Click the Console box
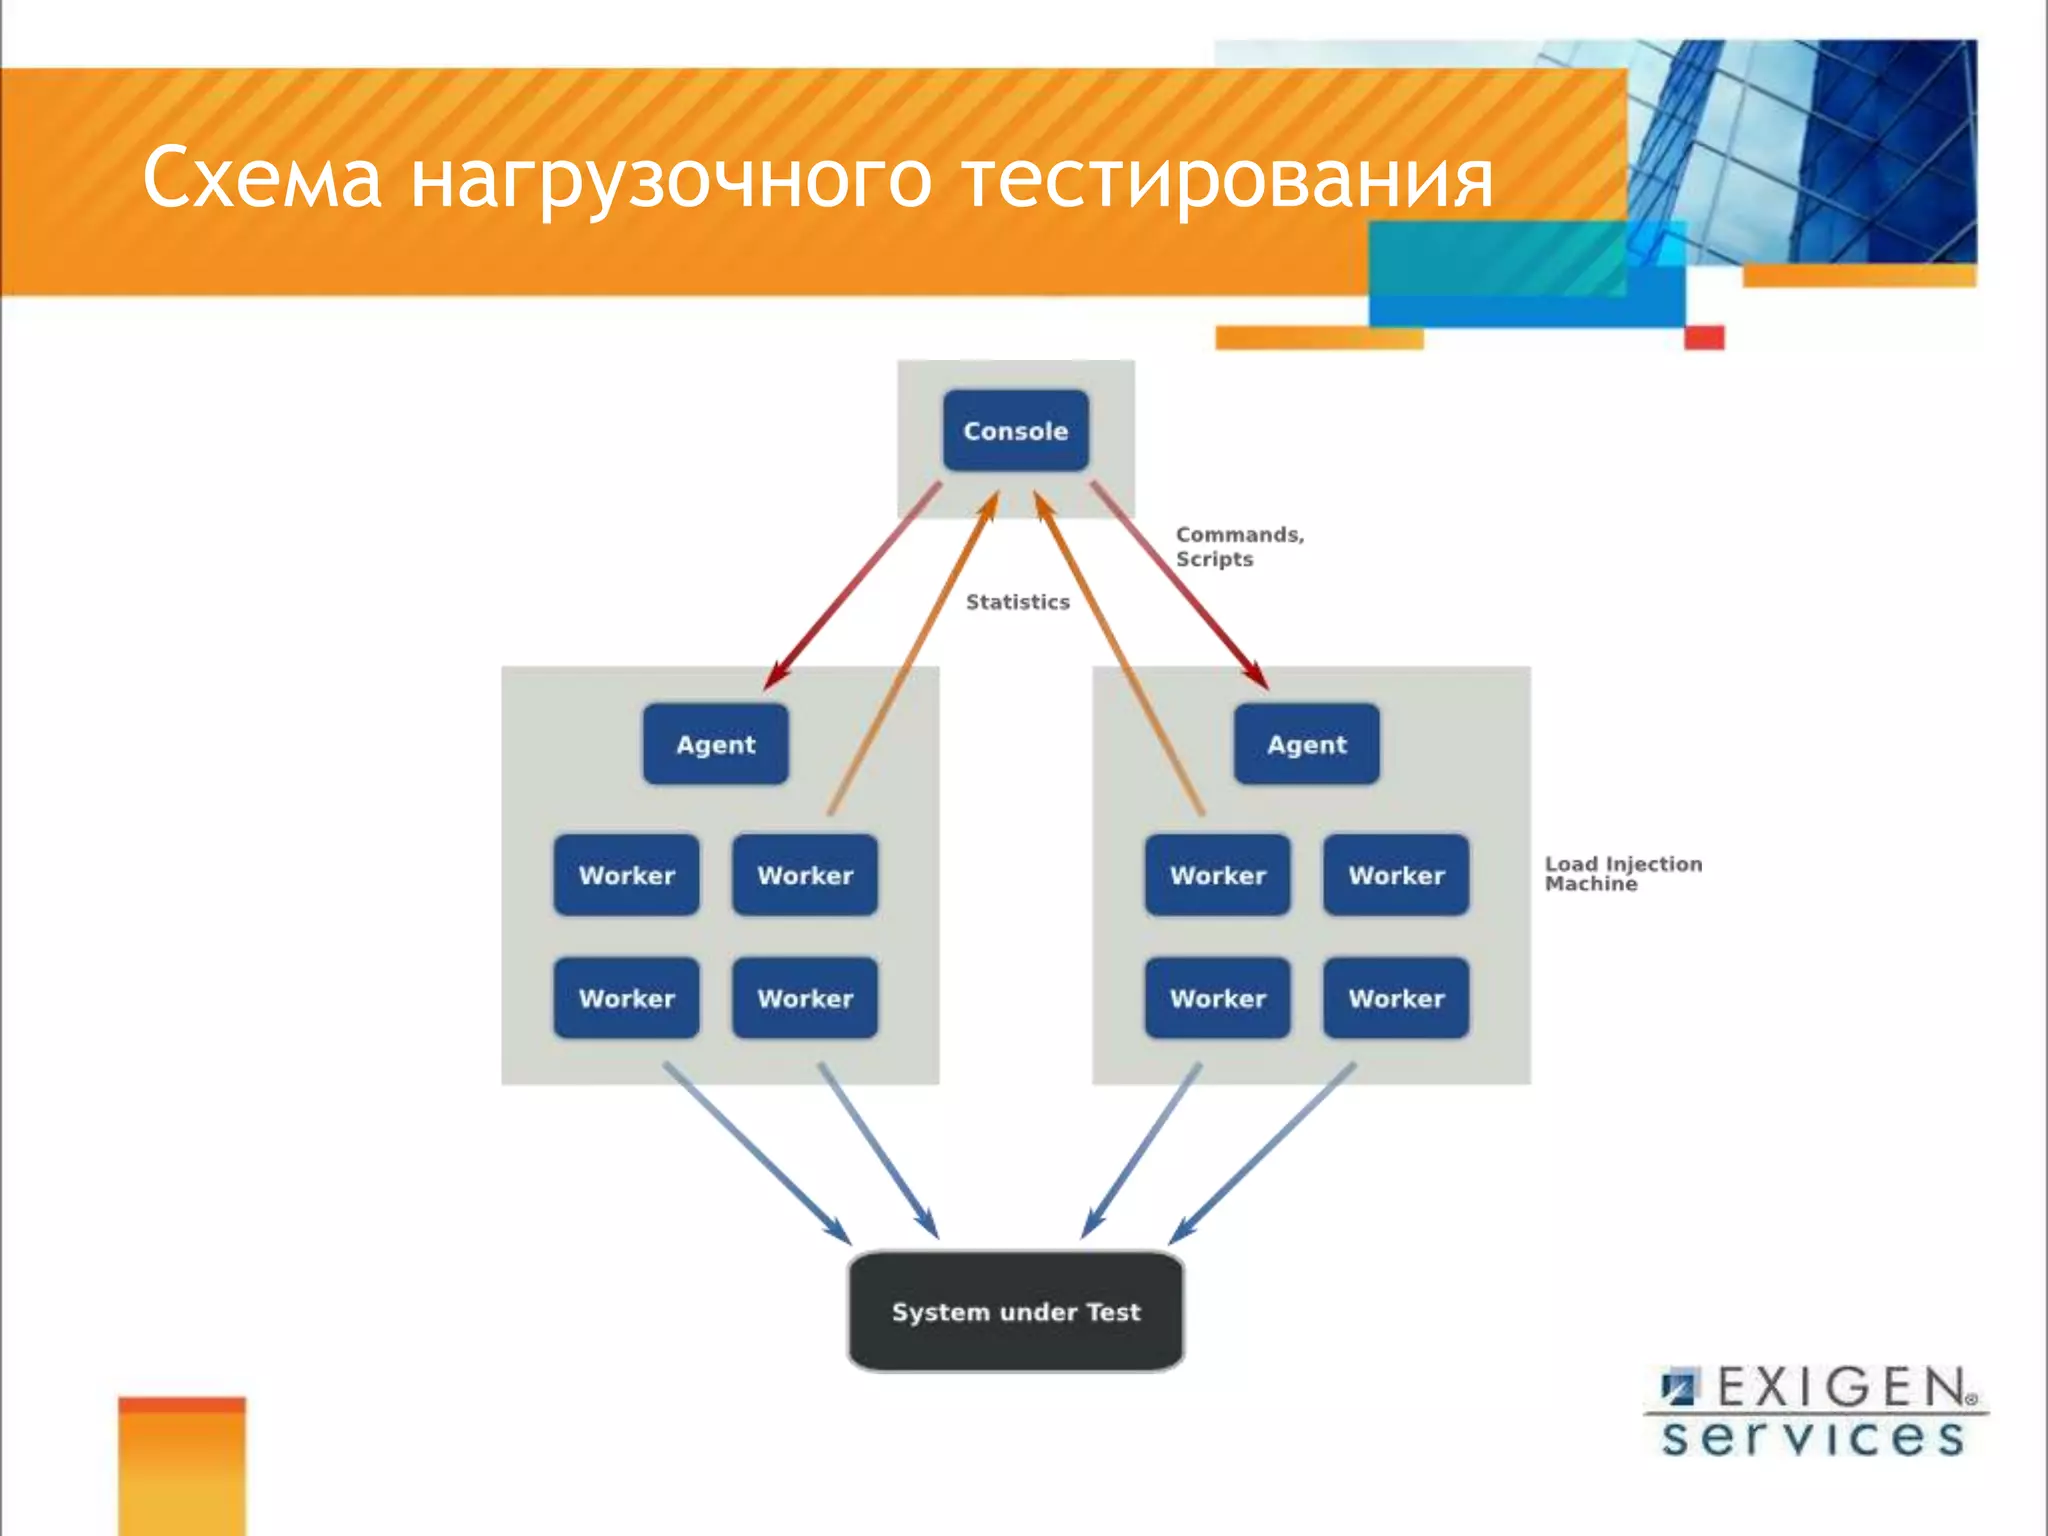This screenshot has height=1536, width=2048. [1015, 431]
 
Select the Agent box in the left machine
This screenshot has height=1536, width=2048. [715, 745]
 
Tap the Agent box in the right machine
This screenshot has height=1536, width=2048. [1306, 745]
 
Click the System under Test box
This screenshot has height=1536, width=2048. [1016, 1312]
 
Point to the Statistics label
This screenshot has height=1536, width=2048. [1017, 602]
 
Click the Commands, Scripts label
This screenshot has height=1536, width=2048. [1238, 547]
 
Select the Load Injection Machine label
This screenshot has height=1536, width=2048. [1622, 873]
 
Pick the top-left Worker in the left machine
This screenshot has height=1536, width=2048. [627, 876]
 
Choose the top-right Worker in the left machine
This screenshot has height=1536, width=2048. [805, 876]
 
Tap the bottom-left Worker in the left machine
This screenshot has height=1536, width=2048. [627, 999]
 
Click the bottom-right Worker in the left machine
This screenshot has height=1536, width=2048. [805, 999]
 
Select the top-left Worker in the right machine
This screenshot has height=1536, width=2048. [1218, 876]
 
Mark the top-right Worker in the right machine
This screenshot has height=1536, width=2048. [1396, 876]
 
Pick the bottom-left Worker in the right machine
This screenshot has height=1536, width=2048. [1218, 999]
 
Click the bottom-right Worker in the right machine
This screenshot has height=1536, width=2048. [1396, 999]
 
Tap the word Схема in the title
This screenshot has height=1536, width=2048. [262, 178]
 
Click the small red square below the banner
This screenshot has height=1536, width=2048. [1704, 338]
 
